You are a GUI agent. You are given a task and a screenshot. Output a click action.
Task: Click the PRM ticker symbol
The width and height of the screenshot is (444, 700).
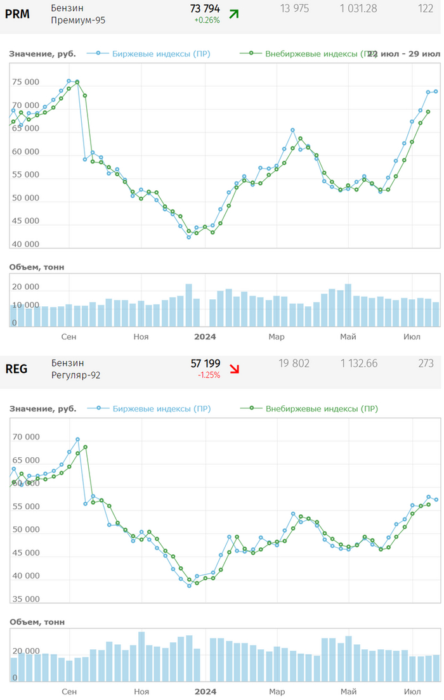pos(17,13)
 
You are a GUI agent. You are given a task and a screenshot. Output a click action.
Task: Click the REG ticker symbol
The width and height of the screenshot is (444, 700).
pos(16,368)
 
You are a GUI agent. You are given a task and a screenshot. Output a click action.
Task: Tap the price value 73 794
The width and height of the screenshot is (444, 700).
pos(205,8)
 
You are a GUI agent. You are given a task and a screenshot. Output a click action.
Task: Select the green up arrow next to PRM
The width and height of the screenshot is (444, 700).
pos(234,13)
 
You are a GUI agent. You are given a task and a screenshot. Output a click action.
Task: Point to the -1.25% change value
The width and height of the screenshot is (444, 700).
pos(209,375)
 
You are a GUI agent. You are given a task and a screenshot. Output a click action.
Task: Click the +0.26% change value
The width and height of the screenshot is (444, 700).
pos(207,20)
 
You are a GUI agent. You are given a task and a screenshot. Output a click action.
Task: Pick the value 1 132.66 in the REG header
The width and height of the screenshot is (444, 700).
pos(358,363)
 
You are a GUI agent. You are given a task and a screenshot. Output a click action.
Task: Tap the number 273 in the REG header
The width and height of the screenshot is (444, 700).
pos(426,363)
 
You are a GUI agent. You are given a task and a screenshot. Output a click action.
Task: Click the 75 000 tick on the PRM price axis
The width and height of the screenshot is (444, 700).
pos(25,82)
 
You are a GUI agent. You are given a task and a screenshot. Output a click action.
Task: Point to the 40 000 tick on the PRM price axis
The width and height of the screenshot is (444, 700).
pos(25,244)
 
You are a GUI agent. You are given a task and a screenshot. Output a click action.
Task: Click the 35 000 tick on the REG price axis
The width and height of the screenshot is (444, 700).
pos(25,599)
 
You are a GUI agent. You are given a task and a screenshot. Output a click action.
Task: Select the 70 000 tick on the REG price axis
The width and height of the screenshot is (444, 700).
pos(25,437)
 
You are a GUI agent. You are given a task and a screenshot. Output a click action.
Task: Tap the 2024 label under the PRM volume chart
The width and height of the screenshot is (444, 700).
pos(206,337)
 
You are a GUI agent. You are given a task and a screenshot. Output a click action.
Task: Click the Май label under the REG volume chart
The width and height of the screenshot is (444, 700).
pos(348,691)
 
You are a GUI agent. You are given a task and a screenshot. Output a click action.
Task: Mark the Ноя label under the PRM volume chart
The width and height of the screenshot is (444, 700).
pos(141,337)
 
